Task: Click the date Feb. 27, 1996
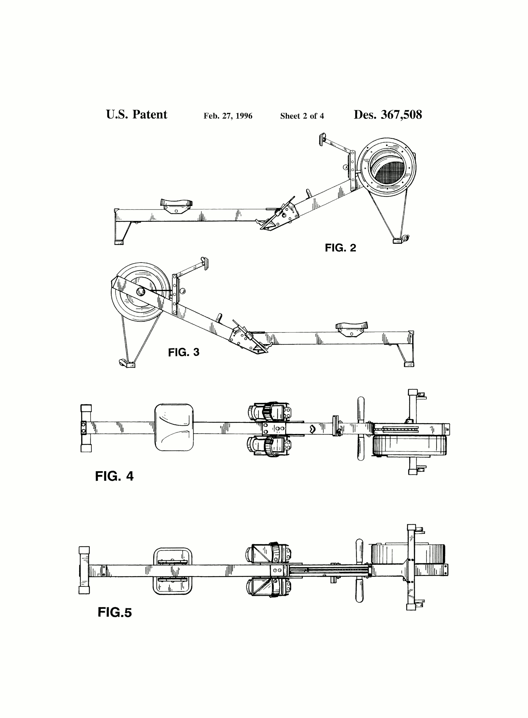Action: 228,116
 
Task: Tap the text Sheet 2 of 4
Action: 302,116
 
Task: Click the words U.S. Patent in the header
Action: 136,115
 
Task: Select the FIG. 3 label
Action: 184,352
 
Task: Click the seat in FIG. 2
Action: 176,203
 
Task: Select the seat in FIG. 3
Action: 351,326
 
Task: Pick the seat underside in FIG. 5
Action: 173,571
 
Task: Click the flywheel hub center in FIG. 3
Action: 141,291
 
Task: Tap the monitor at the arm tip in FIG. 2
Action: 322,139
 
